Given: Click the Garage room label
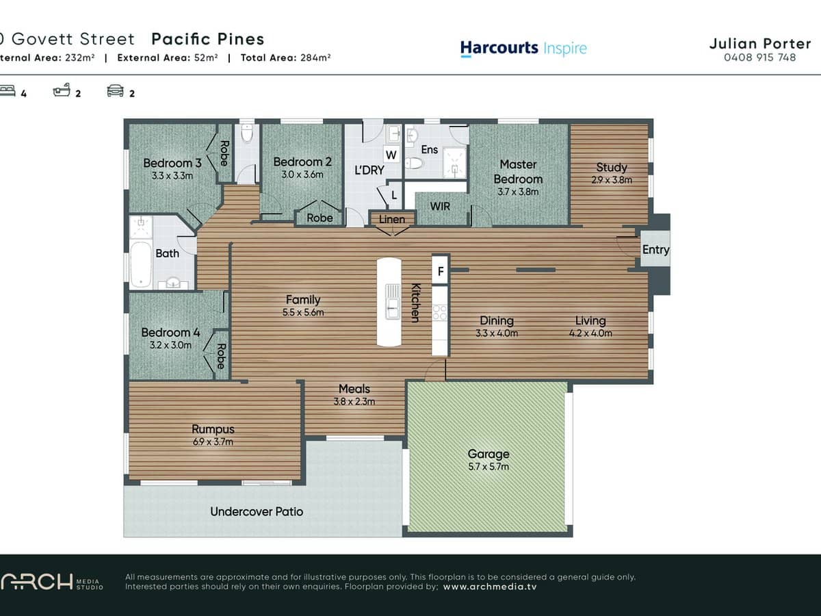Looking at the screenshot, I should [488, 454].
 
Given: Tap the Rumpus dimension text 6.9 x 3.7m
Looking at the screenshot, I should [213, 442].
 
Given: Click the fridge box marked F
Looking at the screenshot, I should [441, 271].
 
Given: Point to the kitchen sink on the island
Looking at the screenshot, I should [392, 303].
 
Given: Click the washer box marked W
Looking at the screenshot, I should [392, 154].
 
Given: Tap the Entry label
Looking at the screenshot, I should [655, 250].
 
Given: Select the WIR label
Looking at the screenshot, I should [440, 206].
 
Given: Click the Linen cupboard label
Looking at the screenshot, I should [392, 220].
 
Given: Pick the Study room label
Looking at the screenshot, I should [611, 167].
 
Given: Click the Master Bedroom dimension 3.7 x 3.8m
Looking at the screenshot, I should [518, 192].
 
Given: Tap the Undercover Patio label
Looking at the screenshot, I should [257, 511].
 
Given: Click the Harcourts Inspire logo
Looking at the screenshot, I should [523, 48].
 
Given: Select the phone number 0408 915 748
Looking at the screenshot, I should [759, 57].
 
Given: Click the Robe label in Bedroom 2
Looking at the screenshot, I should [320, 218].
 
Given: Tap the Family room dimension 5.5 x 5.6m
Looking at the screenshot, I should [303, 313].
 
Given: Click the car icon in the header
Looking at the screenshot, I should [116, 91].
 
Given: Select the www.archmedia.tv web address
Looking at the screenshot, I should [490, 587].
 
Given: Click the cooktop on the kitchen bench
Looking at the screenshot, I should [439, 312].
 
